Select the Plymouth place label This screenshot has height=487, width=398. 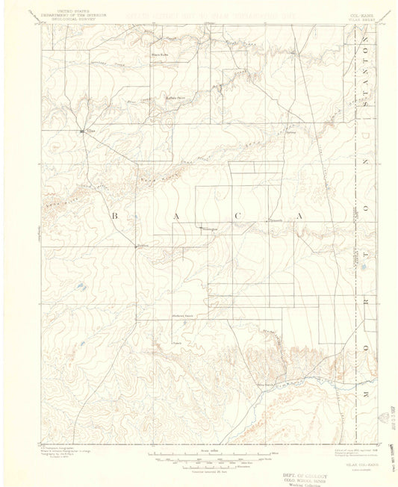click(x=276, y=220)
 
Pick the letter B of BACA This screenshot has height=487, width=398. click(x=115, y=215)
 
